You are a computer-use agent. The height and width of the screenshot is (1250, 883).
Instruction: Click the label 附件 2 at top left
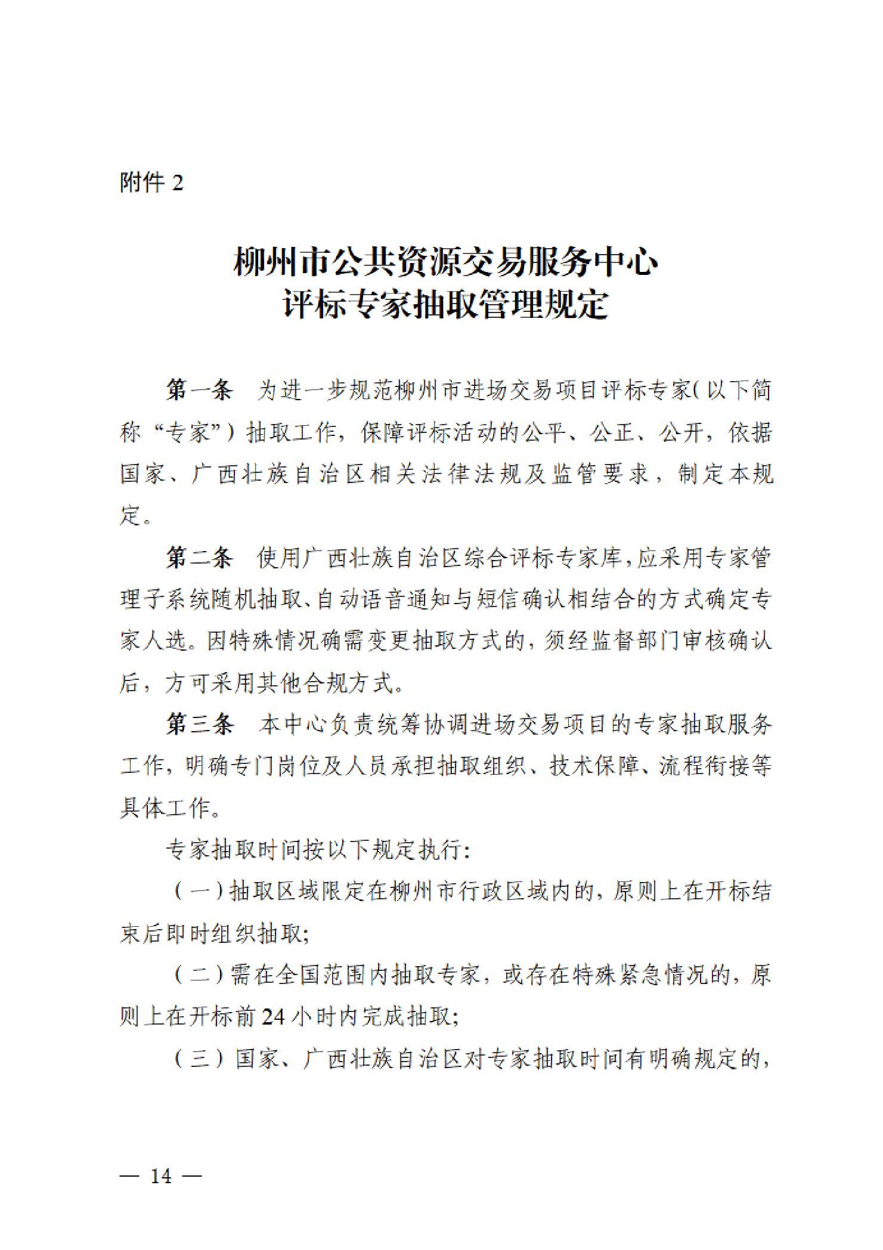[x=151, y=182]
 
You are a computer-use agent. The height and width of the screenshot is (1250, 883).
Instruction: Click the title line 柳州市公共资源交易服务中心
[x=446, y=262]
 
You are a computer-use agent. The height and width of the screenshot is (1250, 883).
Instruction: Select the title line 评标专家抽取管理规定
[x=446, y=305]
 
